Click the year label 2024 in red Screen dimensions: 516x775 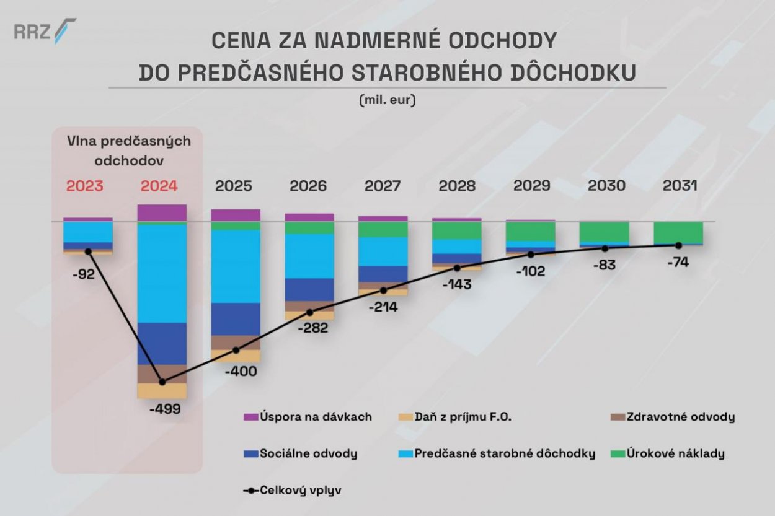tap(159, 186)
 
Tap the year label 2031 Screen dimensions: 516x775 tap(680, 186)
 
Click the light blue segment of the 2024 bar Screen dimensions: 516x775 tap(162, 273)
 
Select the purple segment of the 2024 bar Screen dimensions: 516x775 tap(162, 212)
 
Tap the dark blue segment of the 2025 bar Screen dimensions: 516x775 tap(236, 318)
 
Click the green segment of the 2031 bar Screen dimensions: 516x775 tap(678, 232)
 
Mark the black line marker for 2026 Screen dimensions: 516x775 tap(310, 312)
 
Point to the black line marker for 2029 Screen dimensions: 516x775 tap(531, 255)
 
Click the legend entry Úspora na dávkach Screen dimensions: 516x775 tap(308, 417)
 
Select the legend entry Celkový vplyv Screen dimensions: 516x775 tap(292, 490)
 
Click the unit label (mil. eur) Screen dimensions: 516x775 tap(387, 100)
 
